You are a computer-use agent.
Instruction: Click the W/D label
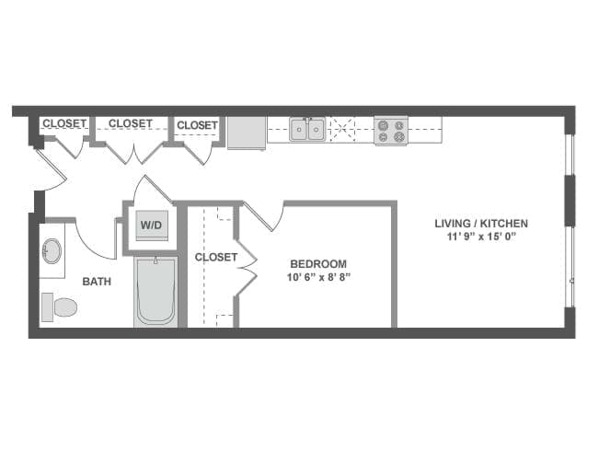coord(148,225)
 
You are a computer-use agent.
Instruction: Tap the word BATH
coord(97,282)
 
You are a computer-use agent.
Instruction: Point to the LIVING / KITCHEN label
coord(481,224)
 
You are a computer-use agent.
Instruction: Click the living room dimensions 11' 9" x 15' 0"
coord(481,237)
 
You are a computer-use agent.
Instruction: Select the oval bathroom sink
coord(52,250)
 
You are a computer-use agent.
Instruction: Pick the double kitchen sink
coord(307,130)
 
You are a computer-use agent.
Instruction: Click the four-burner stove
coord(390,130)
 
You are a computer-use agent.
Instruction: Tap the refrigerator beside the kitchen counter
coord(247,132)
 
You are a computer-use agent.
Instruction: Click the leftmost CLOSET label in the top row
coord(63,123)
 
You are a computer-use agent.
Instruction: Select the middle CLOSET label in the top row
coord(131,123)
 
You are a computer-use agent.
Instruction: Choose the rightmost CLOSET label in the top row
coord(197,125)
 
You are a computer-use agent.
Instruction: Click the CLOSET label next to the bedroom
coord(216,258)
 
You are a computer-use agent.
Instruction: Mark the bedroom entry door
coord(262,217)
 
